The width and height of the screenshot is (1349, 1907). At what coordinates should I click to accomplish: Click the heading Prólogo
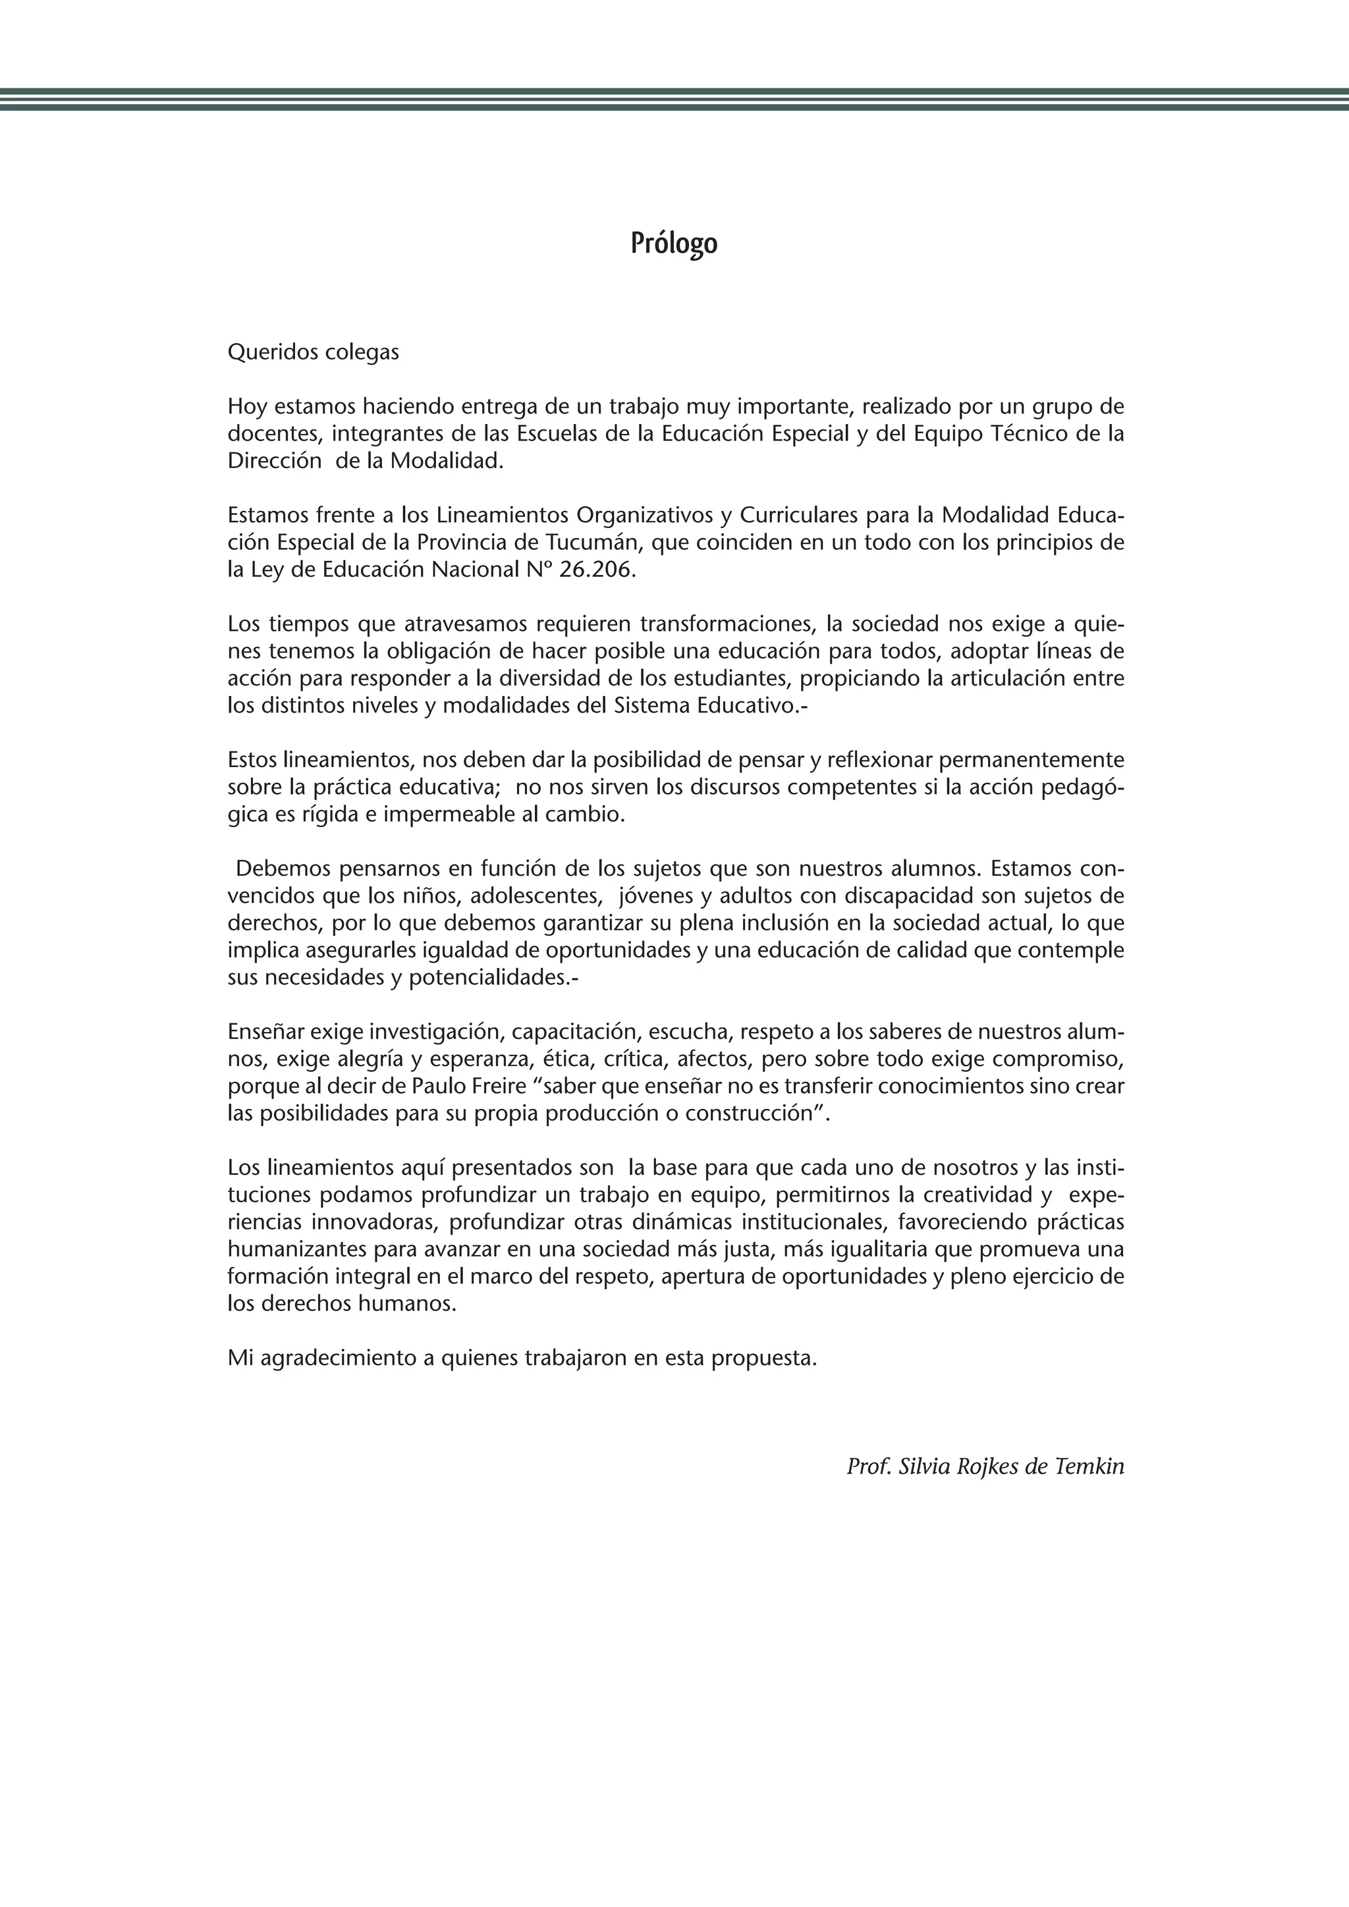[674, 244]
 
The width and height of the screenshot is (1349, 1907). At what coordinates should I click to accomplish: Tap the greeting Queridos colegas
[313, 352]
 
